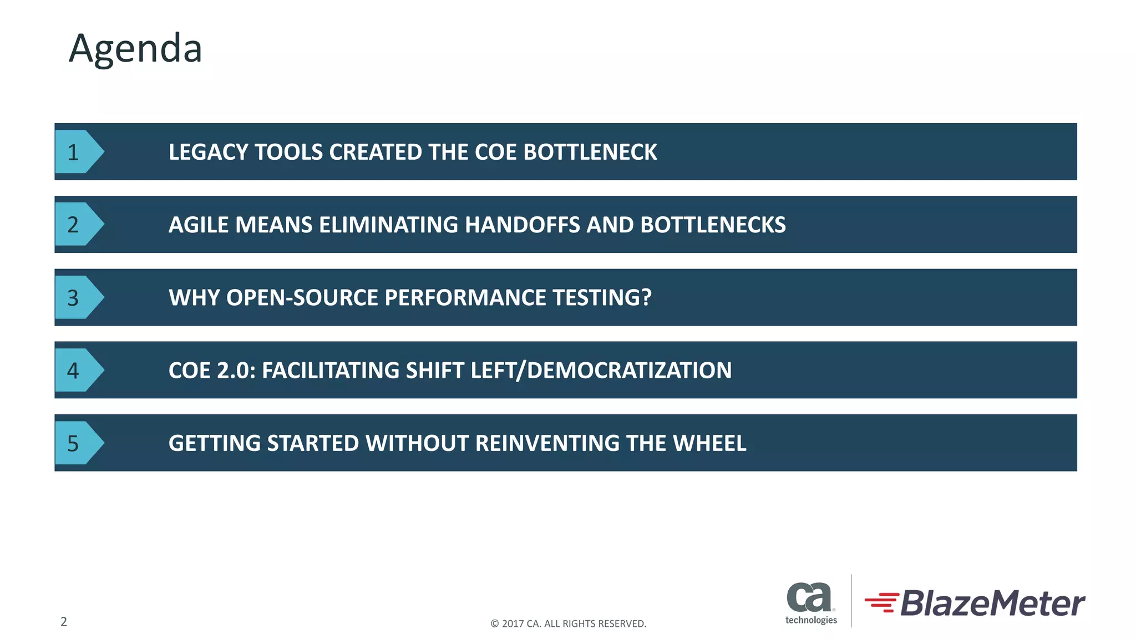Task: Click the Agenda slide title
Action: tap(135, 49)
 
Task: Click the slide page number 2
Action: tap(64, 622)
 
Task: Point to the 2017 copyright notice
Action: tap(568, 623)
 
